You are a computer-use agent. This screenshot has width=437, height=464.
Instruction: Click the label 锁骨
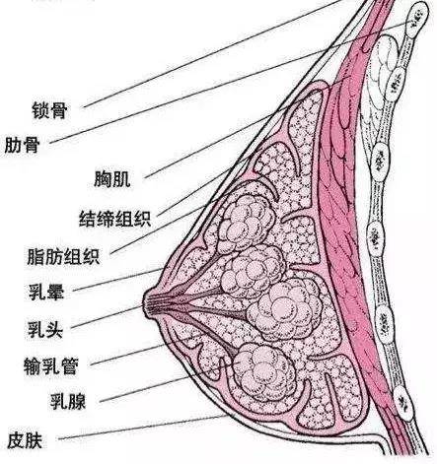pyautogui.click(x=49, y=110)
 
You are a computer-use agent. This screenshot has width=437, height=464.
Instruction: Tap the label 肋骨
pyautogui.click(x=22, y=145)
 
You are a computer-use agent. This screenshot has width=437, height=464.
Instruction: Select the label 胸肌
pyautogui.click(x=112, y=179)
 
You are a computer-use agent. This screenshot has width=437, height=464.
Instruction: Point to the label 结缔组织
pyautogui.click(x=115, y=219)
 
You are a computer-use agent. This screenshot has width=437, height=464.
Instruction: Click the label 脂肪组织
pyautogui.click(x=63, y=256)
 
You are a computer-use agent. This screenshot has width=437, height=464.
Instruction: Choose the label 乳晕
pyautogui.click(x=46, y=293)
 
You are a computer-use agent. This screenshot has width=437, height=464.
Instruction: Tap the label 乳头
pyautogui.click(x=45, y=329)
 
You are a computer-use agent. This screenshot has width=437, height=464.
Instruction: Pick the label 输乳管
pyautogui.click(x=51, y=366)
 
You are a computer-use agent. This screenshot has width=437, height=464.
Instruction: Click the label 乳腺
pyautogui.click(x=68, y=401)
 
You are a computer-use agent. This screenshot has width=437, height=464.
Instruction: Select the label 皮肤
pyautogui.click(x=25, y=440)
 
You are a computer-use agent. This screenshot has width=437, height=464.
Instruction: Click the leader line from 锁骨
pyautogui.click(x=212, y=53)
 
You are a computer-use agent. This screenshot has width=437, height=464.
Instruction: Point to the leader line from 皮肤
pyautogui.click(x=143, y=427)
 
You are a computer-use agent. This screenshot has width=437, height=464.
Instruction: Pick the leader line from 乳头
pyautogui.click(x=108, y=317)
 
